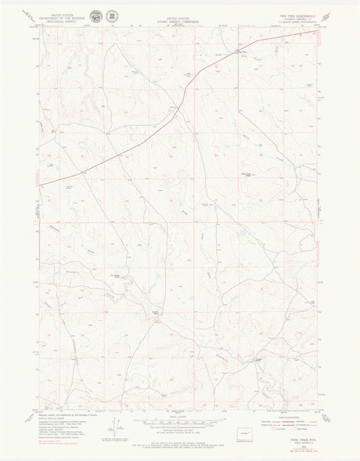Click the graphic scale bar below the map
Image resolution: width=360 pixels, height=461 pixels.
pyautogui.click(x=180, y=423)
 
